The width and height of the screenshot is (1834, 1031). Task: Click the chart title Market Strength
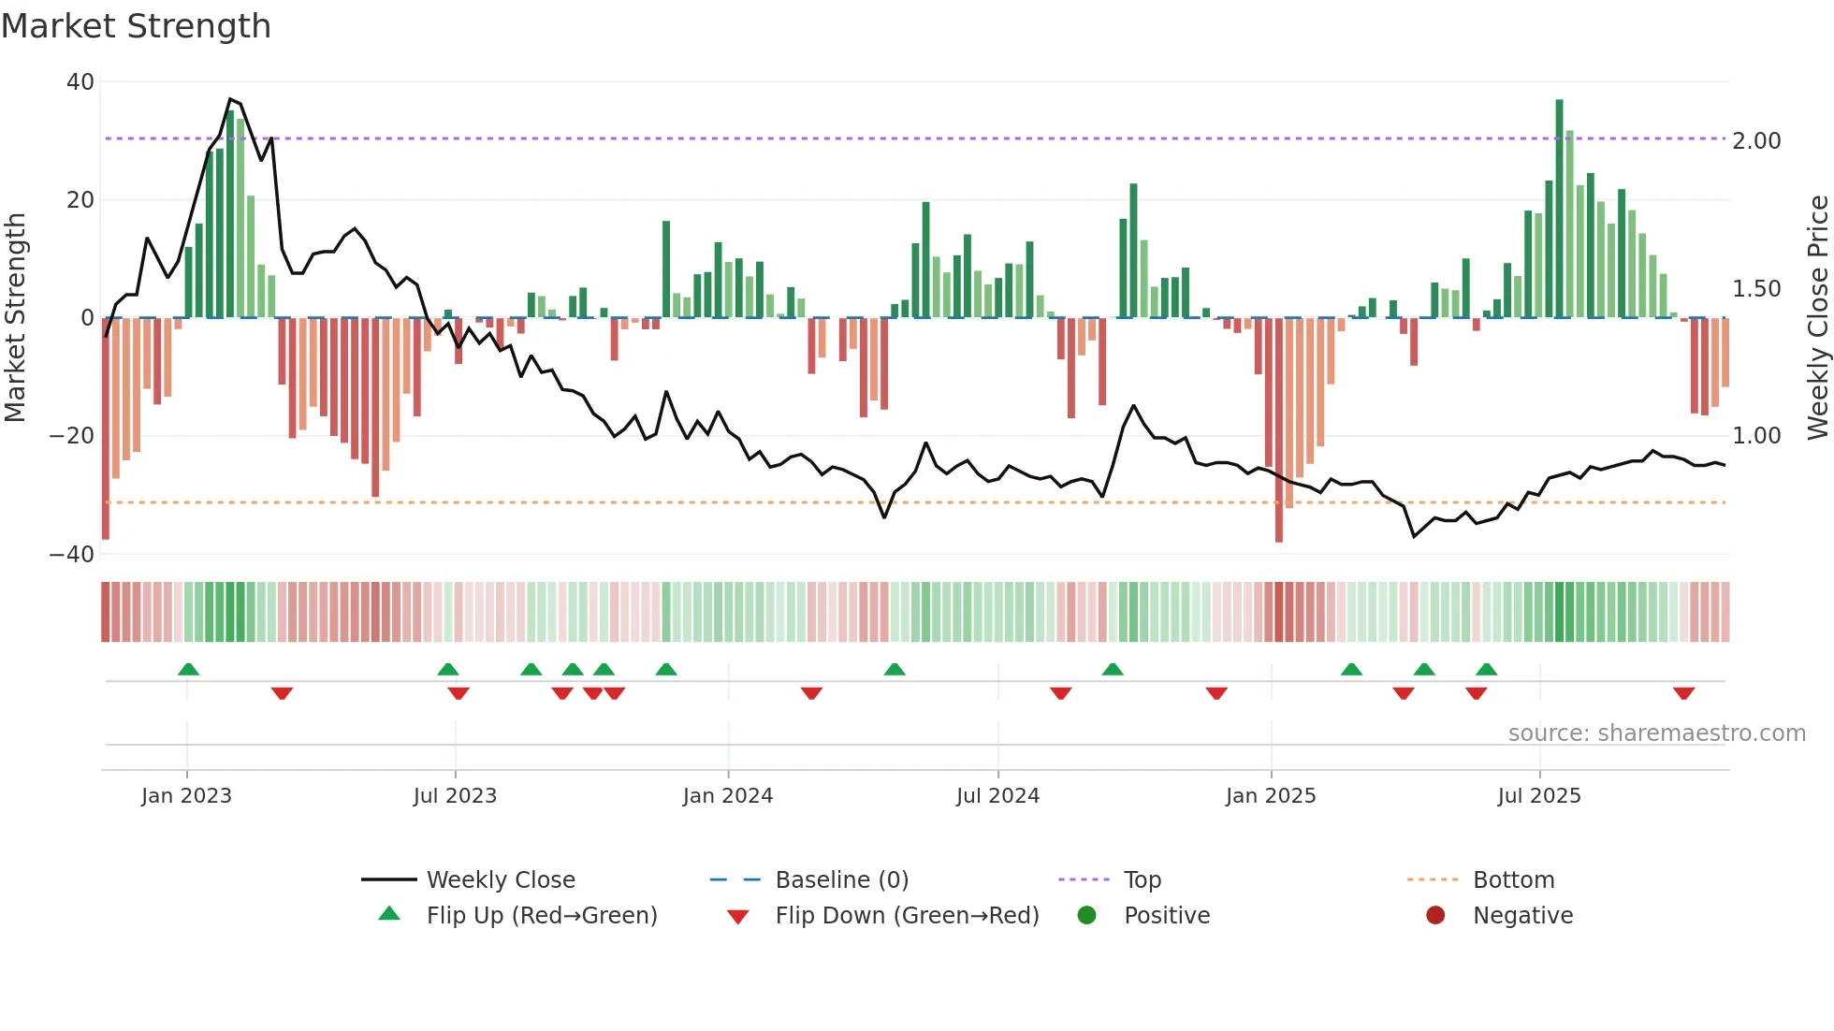click(136, 26)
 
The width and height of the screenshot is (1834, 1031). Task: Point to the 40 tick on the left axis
click(80, 82)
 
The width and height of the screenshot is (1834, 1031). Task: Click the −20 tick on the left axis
click(71, 436)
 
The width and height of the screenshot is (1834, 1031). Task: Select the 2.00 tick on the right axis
click(1756, 141)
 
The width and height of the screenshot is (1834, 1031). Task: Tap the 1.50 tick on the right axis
click(1756, 289)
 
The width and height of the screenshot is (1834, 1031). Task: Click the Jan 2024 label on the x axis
click(727, 796)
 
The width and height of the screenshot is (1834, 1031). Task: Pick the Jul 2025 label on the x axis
click(1538, 796)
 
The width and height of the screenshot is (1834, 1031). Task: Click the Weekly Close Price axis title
click(1817, 318)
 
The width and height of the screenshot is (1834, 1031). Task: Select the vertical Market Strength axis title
click(16, 318)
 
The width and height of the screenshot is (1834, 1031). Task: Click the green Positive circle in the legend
click(1086, 915)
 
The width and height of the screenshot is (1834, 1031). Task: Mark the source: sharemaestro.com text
click(1656, 733)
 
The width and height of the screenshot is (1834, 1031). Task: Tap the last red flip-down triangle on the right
click(1683, 693)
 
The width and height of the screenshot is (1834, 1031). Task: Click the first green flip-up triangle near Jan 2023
click(188, 669)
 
